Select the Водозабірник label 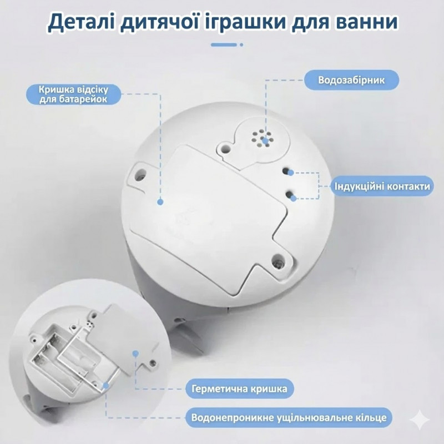tap(351, 80)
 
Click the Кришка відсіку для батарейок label tap(74, 94)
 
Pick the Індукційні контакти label tap(382, 186)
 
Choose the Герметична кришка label tap(240, 389)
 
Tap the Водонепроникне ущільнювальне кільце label tap(289, 417)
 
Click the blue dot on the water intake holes tap(265, 140)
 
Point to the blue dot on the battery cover tap(160, 202)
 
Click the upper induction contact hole tap(286, 171)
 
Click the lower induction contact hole tap(289, 194)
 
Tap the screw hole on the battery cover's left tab tap(141, 174)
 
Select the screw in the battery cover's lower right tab tap(278, 261)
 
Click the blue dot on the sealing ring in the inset tap(105, 385)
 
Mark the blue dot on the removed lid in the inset tap(135, 353)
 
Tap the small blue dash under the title tap(224, 45)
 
